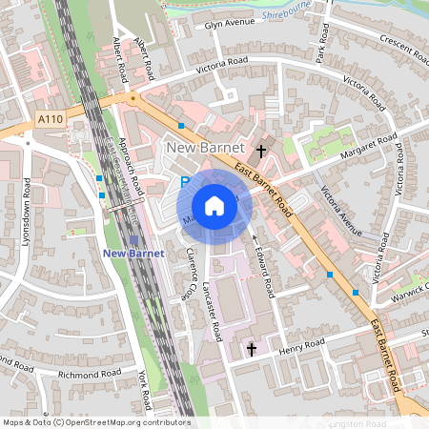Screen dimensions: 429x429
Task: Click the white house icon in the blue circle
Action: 214,206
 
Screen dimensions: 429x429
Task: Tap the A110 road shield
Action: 52,117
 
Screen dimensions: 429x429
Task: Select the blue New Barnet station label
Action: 133,253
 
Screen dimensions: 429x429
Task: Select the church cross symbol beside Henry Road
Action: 252,350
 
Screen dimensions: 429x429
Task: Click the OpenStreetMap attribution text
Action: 96,421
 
